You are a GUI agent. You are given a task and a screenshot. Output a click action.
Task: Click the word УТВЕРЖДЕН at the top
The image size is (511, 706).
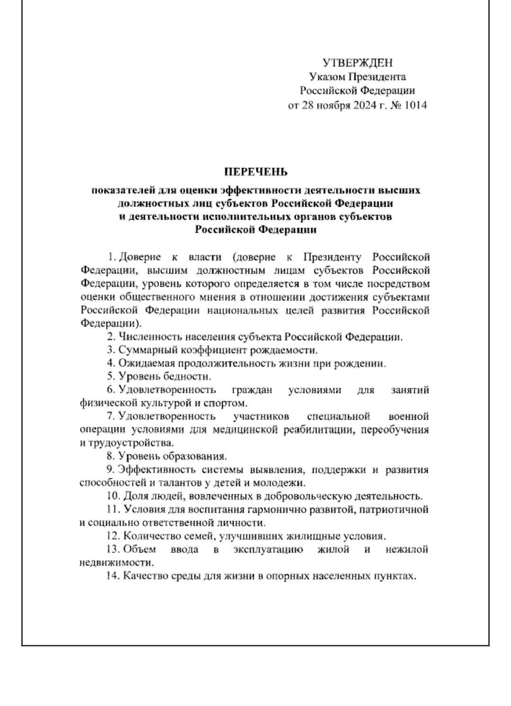pyautogui.click(x=357, y=63)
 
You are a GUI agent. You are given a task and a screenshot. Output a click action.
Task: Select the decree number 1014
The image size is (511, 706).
pyautogui.click(x=416, y=106)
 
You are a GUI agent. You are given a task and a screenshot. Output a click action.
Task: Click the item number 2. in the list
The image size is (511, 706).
pyautogui.click(x=112, y=337)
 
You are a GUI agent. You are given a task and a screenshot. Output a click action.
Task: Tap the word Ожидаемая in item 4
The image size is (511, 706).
pyautogui.click(x=144, y=364)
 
